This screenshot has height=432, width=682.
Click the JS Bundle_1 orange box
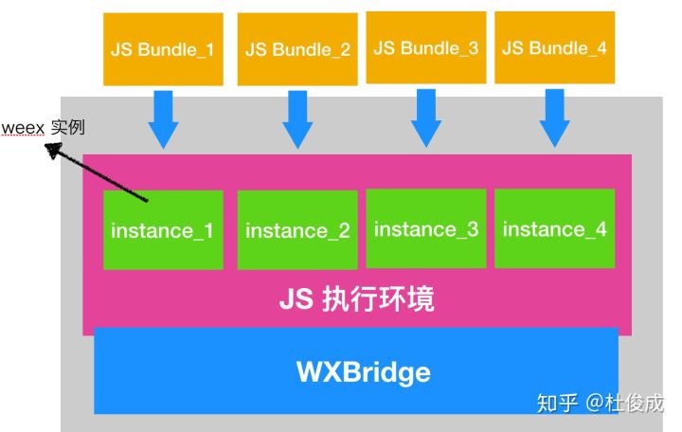pyautogui.click(x=163, y=49)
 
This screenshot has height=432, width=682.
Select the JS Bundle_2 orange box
pyautogui.click(x=296, y=49)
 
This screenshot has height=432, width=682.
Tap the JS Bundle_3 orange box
pyautogui.click(x=425, y=47)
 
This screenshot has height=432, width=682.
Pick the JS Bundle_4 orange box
pyautogui.click(x=553, y=47)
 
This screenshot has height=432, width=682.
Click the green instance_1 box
pyautogui.click(x=163, y=230)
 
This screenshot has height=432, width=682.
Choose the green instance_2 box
pyautogui.click(x=296, y=230)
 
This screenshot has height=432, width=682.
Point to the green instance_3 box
pyautogui.click(x=425, y=228)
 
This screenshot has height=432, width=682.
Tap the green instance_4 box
pyautogui.click(x=554, y=228)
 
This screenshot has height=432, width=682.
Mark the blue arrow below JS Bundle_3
pyautogui.click(x=425, y=117)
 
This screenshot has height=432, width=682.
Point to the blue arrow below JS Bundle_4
pyautogui.click(x=553, y=117)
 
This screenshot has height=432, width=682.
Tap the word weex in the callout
pyautogui.click(x=23, y=128)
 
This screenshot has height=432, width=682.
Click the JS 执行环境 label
pyautogui.click(x=357, y=299)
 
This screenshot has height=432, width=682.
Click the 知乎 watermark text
pyautogui.click(x=556, y=403)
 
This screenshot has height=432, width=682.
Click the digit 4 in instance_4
pyautogui.click(x=600, y=228)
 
